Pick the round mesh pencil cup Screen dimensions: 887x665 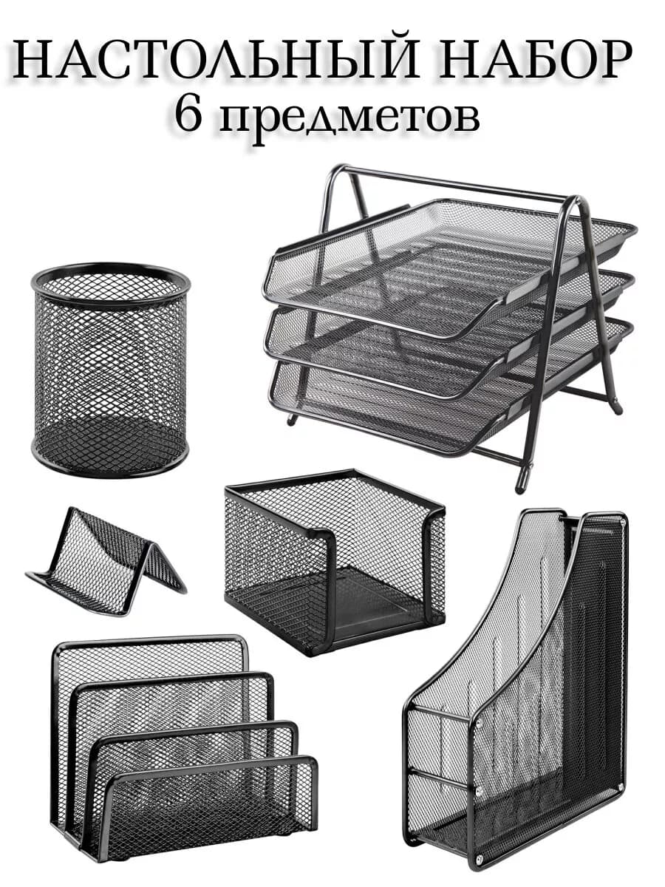pyautogui.click(x=110, y=370)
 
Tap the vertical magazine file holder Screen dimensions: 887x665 pyautogui.click(x=517, y=695)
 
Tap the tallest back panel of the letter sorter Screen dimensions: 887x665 pyautogui.click(x=148, y=658)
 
